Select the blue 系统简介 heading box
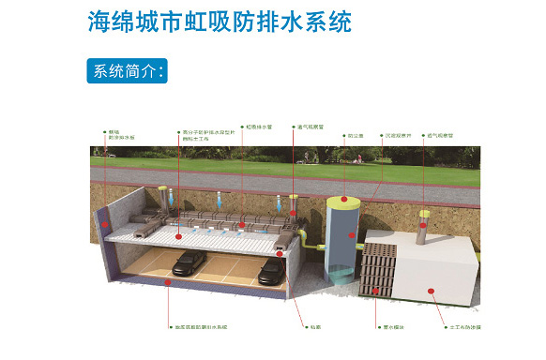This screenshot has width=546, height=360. (x=128, y=70)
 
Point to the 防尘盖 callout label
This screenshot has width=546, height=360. (x=356, y=134)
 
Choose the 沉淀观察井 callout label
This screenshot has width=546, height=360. (x=397, y=134)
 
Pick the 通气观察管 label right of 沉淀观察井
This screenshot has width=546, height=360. (x=441, y=134)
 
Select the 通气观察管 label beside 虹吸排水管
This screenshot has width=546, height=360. (x=309, y=127)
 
